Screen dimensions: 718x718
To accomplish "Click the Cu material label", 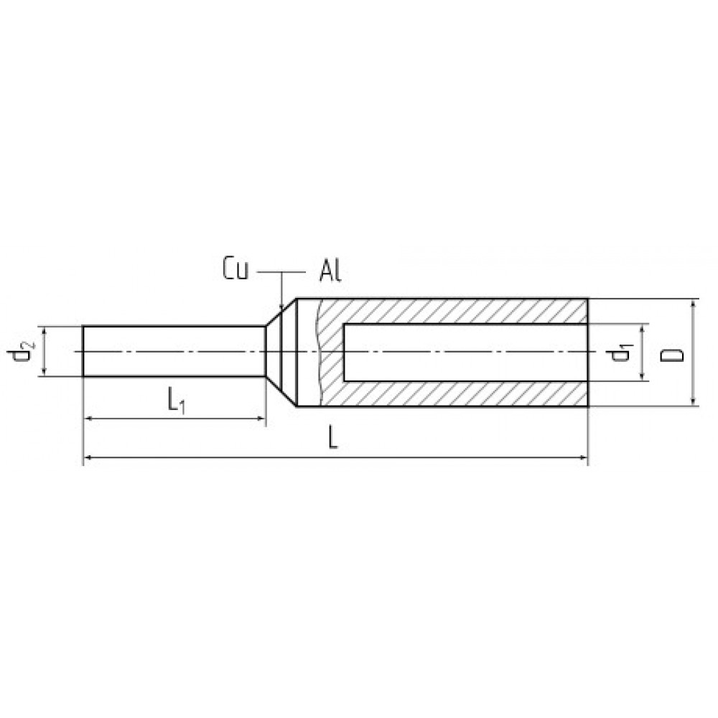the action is pos(236,269).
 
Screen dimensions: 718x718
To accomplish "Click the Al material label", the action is pos(330,271).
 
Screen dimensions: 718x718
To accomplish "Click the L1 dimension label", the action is pos(176,401).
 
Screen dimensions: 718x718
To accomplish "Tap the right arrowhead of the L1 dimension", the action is pos(261,418).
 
